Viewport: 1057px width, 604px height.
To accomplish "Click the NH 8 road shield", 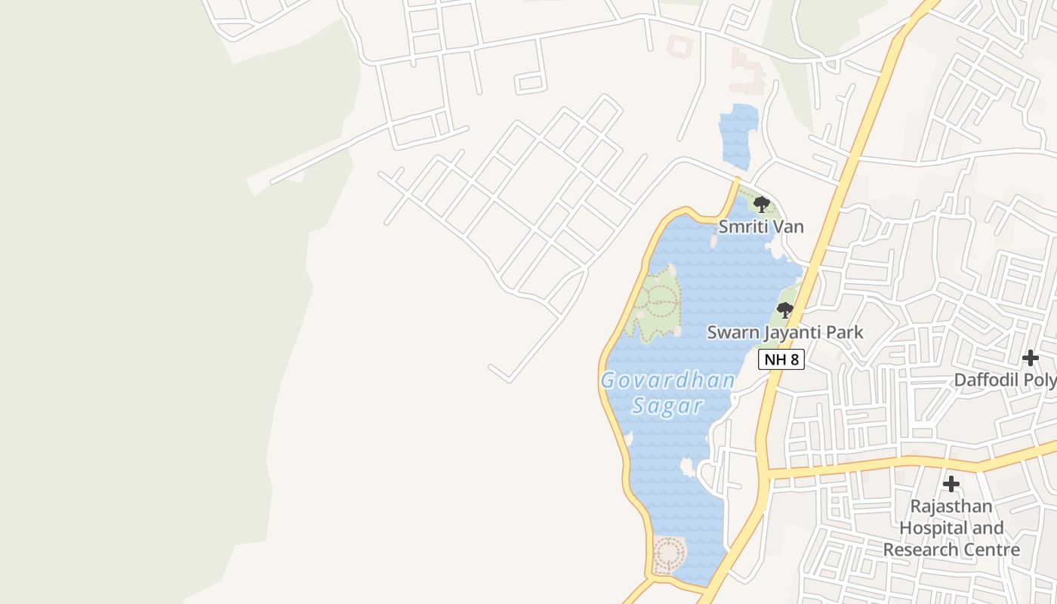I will tap(781, 359).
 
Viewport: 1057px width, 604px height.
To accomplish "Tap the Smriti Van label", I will tap(760, 226).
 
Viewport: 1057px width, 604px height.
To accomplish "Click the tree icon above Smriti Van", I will tap(761, 204).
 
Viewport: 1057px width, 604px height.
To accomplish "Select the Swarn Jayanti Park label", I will tap(784, 332).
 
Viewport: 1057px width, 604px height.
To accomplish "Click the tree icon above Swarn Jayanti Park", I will tap(784, 310).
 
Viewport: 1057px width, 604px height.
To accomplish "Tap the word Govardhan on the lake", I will tap(667, 381).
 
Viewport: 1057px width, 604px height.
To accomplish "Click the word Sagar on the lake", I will tap(667, 406).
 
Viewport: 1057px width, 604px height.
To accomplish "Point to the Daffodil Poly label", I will tap(1004, 380).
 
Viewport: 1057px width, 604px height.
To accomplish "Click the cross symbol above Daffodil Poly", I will tap(1030, 358).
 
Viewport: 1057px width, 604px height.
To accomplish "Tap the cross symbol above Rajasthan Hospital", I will tap(951, 483).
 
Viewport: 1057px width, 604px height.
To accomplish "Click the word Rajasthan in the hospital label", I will tap(951, 506).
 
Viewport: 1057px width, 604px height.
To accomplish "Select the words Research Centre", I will tap(951, 550).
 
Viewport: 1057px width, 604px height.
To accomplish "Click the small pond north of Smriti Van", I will tap(738, 134).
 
